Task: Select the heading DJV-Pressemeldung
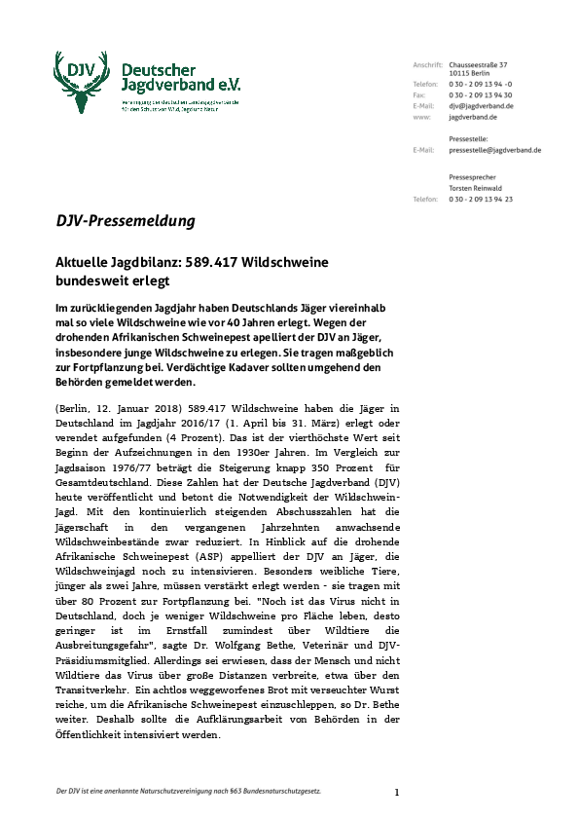[x=125, y=221]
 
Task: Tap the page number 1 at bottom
[x=396, y=792]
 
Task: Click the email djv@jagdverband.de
[x=481, y=105]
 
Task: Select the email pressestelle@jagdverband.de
[x=495, y=150]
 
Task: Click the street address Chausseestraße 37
[x=478, y=63]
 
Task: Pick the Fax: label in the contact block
[x=418, y=95]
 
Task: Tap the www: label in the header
[x=421, y=116]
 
